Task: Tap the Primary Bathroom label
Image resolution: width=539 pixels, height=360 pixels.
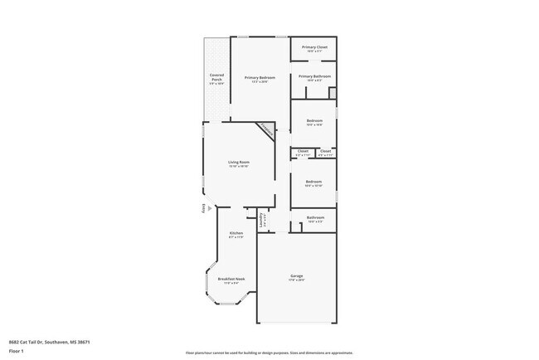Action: [314, 77]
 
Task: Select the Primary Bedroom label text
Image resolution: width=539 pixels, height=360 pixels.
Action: [260, 79]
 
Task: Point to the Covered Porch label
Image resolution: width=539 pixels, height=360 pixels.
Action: [216, 80]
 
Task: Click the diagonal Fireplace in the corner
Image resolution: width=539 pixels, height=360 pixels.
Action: [265, 129]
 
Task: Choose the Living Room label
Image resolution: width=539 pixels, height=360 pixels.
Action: [239, 163]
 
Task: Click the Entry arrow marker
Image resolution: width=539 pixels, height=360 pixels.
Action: [202, 208]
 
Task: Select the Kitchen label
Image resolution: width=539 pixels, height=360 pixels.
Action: [236, 235]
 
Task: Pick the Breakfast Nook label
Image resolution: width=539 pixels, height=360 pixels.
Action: [231, 280]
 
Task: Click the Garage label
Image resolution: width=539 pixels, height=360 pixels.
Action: [296, 277]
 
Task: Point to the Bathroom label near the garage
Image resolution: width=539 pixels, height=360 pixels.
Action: [315, 219]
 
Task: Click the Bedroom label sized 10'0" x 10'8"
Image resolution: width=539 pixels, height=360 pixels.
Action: [314, 122]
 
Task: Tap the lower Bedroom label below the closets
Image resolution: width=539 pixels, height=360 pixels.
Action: [313, 182]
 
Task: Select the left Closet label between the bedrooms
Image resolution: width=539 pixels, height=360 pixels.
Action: [303, 153]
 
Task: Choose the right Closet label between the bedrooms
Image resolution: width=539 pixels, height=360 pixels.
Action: [325, 153]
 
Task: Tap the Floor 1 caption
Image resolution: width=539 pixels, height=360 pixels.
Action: [17, 352]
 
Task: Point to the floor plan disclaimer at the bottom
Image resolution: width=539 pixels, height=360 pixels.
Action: [269, 353]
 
